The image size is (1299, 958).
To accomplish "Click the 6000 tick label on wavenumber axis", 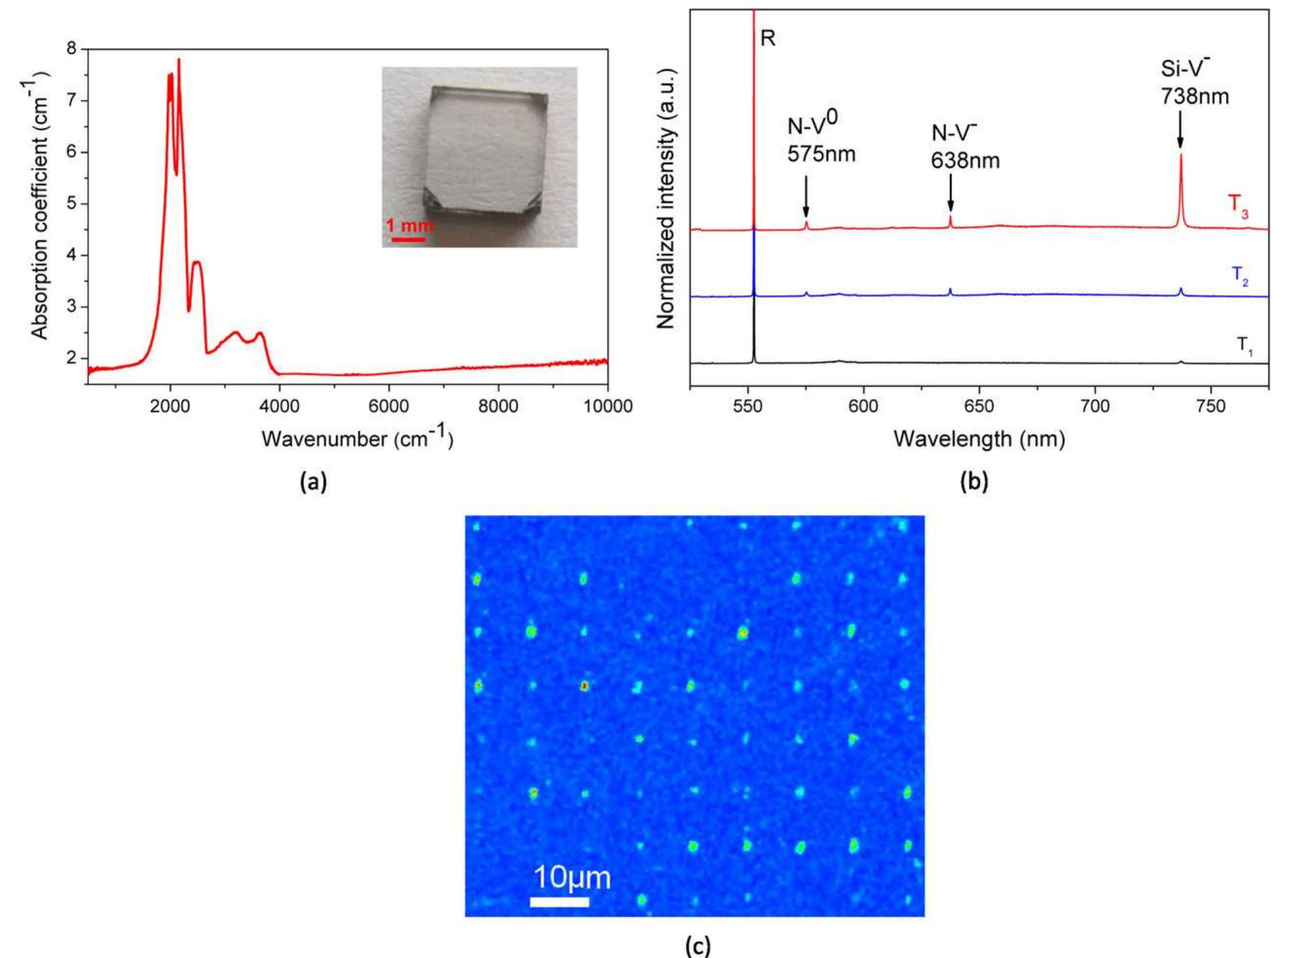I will tap(388, 406).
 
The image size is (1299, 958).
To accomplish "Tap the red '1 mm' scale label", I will tap(408, 226).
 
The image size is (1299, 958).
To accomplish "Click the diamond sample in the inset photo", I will tap(485, 156).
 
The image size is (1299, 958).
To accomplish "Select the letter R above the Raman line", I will tap(767, 38).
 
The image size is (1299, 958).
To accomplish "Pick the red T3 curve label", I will tap(1239, 205).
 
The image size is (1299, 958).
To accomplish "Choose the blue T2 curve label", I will tap(1240, 275).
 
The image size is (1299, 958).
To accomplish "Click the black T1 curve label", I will tap(1244, 345).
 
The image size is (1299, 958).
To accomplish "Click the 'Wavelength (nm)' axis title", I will tap(979, 439).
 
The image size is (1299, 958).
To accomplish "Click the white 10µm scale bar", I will tap(559, 902).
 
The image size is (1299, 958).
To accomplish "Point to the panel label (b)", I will tap(974, 481).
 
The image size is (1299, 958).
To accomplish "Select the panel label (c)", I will tap(697, 946).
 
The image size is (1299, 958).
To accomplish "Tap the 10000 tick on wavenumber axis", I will tap(608, 406).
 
